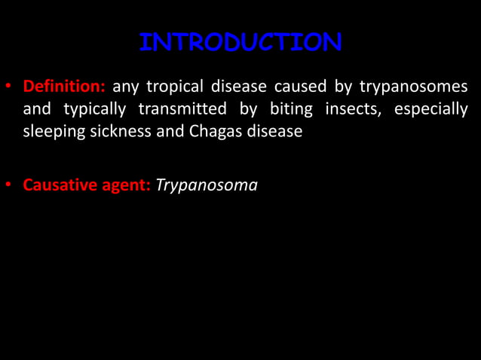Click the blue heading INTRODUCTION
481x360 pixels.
click(x=240, y=42)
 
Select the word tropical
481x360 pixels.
click(x=176, y=87)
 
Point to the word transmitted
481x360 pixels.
click(x=182, y=110)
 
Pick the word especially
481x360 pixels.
click(x=434, y=110)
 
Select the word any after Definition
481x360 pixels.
click(x=125, y=88)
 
